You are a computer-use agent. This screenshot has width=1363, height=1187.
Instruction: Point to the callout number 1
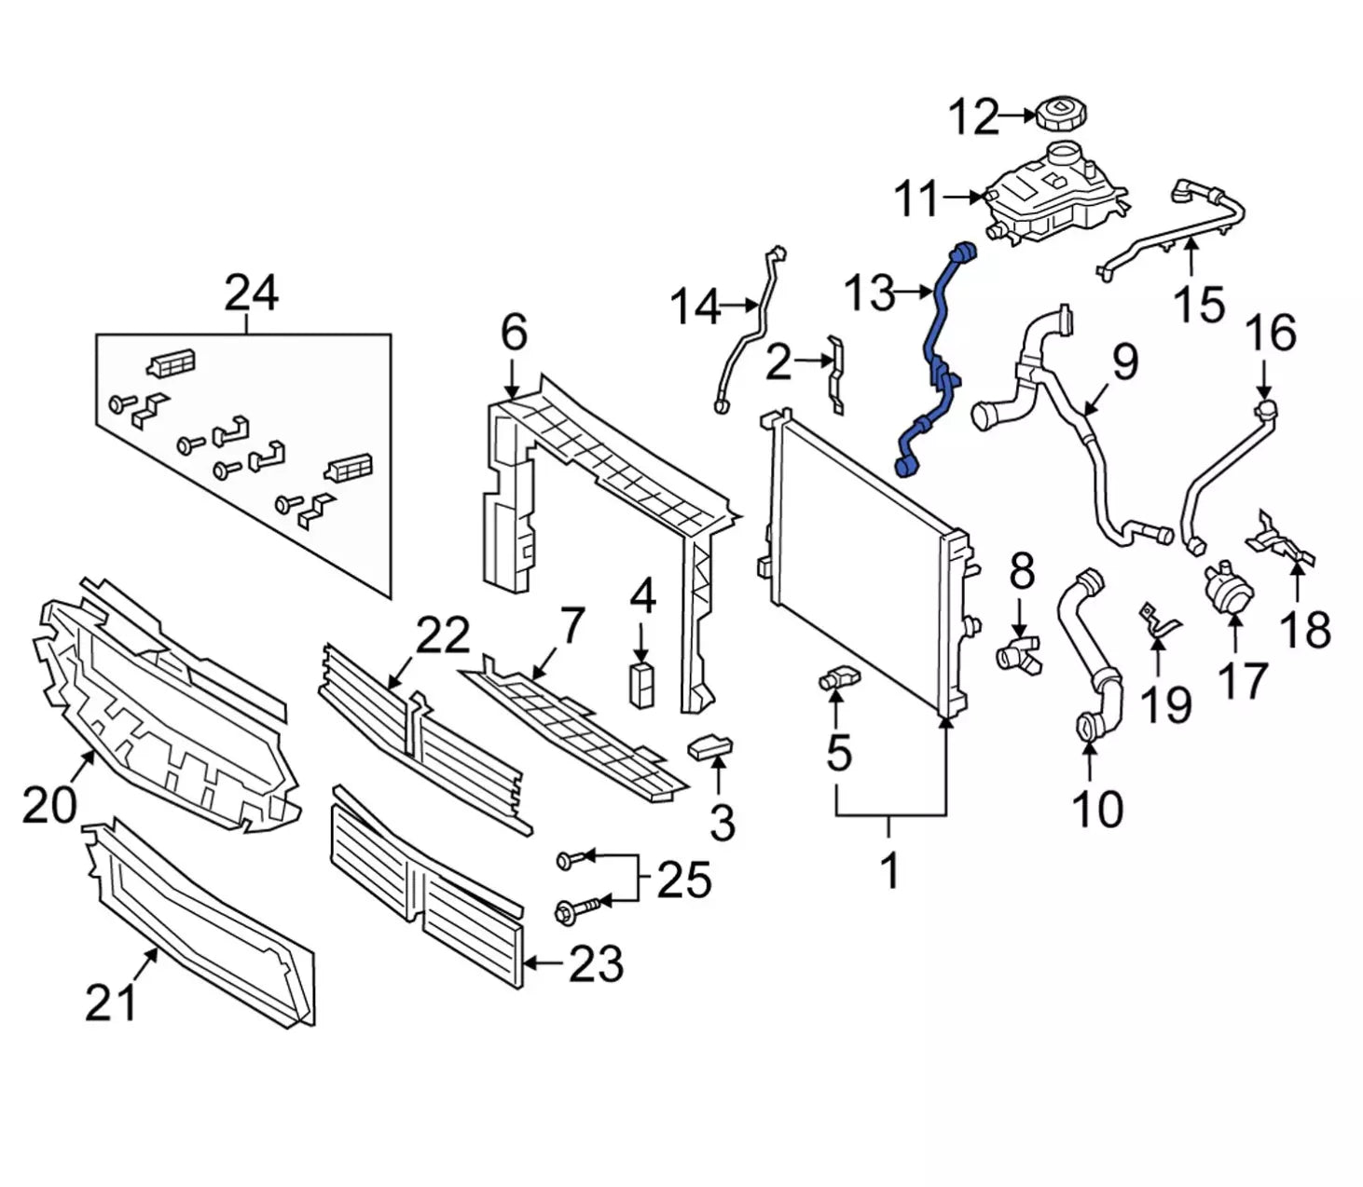click(890, 870)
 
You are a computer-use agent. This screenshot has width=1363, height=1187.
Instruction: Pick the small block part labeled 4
click(640, 685)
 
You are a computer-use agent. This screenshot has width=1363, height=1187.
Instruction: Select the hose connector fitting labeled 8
click(1019, 651)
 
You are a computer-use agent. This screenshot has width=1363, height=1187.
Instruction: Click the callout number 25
click(683, 880)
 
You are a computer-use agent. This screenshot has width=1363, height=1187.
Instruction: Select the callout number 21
click(111, 1002)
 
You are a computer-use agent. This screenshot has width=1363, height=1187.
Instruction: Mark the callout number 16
click(1272, 334)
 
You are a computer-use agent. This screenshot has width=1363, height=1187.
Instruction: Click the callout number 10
click(1097, 808)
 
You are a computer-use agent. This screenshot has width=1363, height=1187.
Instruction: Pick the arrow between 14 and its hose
click(741, 304)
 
